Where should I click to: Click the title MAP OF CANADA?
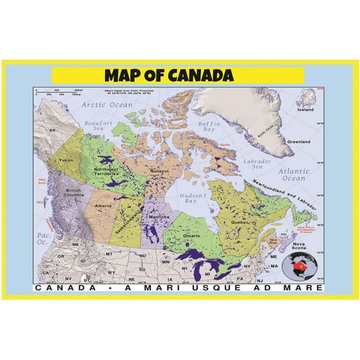coord(168,75)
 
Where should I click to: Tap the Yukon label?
coord(67,160)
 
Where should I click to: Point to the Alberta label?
coord(103,205)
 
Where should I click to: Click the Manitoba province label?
coord(160,217)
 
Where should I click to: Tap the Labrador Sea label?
coord(256,164)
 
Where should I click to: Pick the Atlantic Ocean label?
coord(295,174)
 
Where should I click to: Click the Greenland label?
coord(299,142)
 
